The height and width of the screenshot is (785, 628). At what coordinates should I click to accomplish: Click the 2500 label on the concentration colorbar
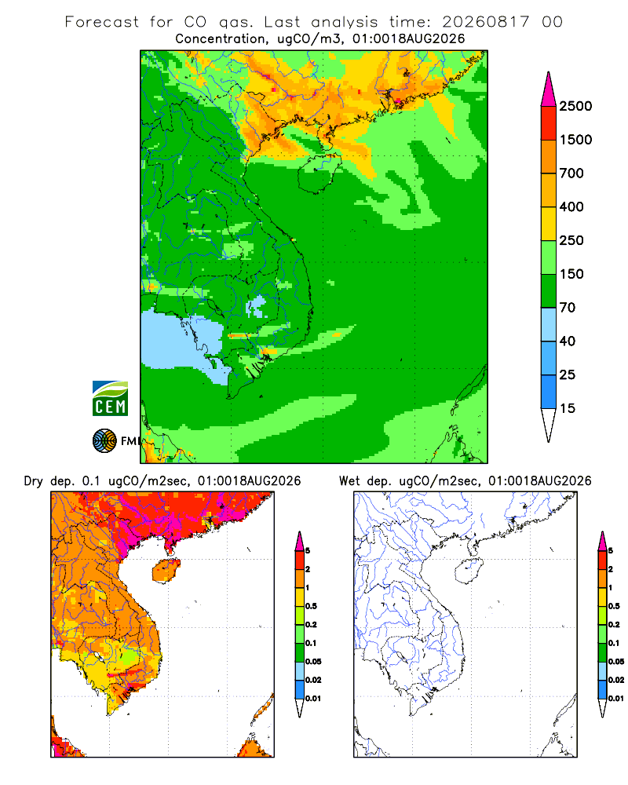[x=575, y=106]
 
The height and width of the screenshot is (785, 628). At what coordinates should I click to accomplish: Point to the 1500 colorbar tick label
[x=575, y=140]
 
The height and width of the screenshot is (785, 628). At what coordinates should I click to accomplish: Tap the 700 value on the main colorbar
[x=571, y=173]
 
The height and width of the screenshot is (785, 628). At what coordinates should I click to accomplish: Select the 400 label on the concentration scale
[x=571, y=206]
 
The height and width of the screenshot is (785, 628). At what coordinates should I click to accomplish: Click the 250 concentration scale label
[x=571, y=240]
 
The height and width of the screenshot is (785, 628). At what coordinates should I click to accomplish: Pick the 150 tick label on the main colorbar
[x=571, y=274]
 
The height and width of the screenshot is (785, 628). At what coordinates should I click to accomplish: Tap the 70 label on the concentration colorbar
[x=568, y=308]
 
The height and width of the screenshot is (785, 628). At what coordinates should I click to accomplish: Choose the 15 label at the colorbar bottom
[x=568, y=408]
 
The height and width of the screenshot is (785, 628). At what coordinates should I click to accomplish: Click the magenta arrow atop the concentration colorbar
[x=549, y=89]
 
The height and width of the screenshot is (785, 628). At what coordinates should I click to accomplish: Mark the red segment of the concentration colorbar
[x=549, y=123]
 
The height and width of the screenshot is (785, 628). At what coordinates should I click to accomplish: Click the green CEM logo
[x=110, y=399]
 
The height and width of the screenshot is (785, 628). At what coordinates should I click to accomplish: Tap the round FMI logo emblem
[x=104, y=440]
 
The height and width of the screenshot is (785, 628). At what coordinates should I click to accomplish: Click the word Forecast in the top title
[x=102, y=22]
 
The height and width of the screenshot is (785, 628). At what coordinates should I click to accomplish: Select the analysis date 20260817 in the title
[x=485, y=22]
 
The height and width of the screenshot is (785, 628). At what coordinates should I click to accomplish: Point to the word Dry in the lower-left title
[x=33, y=481]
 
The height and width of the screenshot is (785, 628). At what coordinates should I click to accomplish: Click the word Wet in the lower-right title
[x=349, y=481]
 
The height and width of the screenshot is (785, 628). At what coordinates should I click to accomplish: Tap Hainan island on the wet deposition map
[x=469, y=571]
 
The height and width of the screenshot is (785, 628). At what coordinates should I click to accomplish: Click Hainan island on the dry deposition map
[x=166, y=571]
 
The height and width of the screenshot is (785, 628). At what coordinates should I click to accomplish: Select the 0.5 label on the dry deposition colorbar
[x=311, y=606]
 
